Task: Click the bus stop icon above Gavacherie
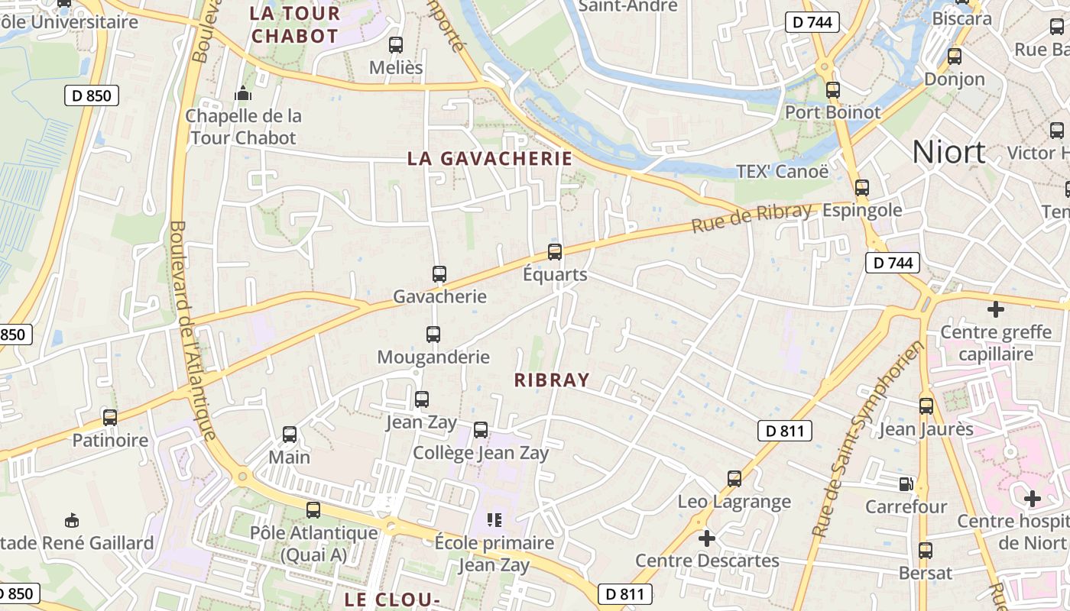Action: point(439,274)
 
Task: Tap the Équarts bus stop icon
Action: point(555,251)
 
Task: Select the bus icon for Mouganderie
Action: point(433,334)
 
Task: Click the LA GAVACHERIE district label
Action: point(490,158)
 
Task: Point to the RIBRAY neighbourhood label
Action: point(552,380)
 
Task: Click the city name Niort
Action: point(948,153)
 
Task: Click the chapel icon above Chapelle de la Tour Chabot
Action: point(244,94)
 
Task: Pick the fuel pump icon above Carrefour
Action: point(906,483)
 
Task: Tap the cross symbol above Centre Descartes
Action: point(707,538)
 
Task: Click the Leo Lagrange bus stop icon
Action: point(734,479)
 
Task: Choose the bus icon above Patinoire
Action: point(110,418)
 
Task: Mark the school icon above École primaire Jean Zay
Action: point(494,520)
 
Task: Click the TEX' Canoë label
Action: point(782,171)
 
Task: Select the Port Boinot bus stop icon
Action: point(833,90)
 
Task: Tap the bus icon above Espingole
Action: point(862,187)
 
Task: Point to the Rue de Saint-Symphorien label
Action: point(868,438)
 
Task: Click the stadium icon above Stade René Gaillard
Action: point(72,520)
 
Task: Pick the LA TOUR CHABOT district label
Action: point(295,24)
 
